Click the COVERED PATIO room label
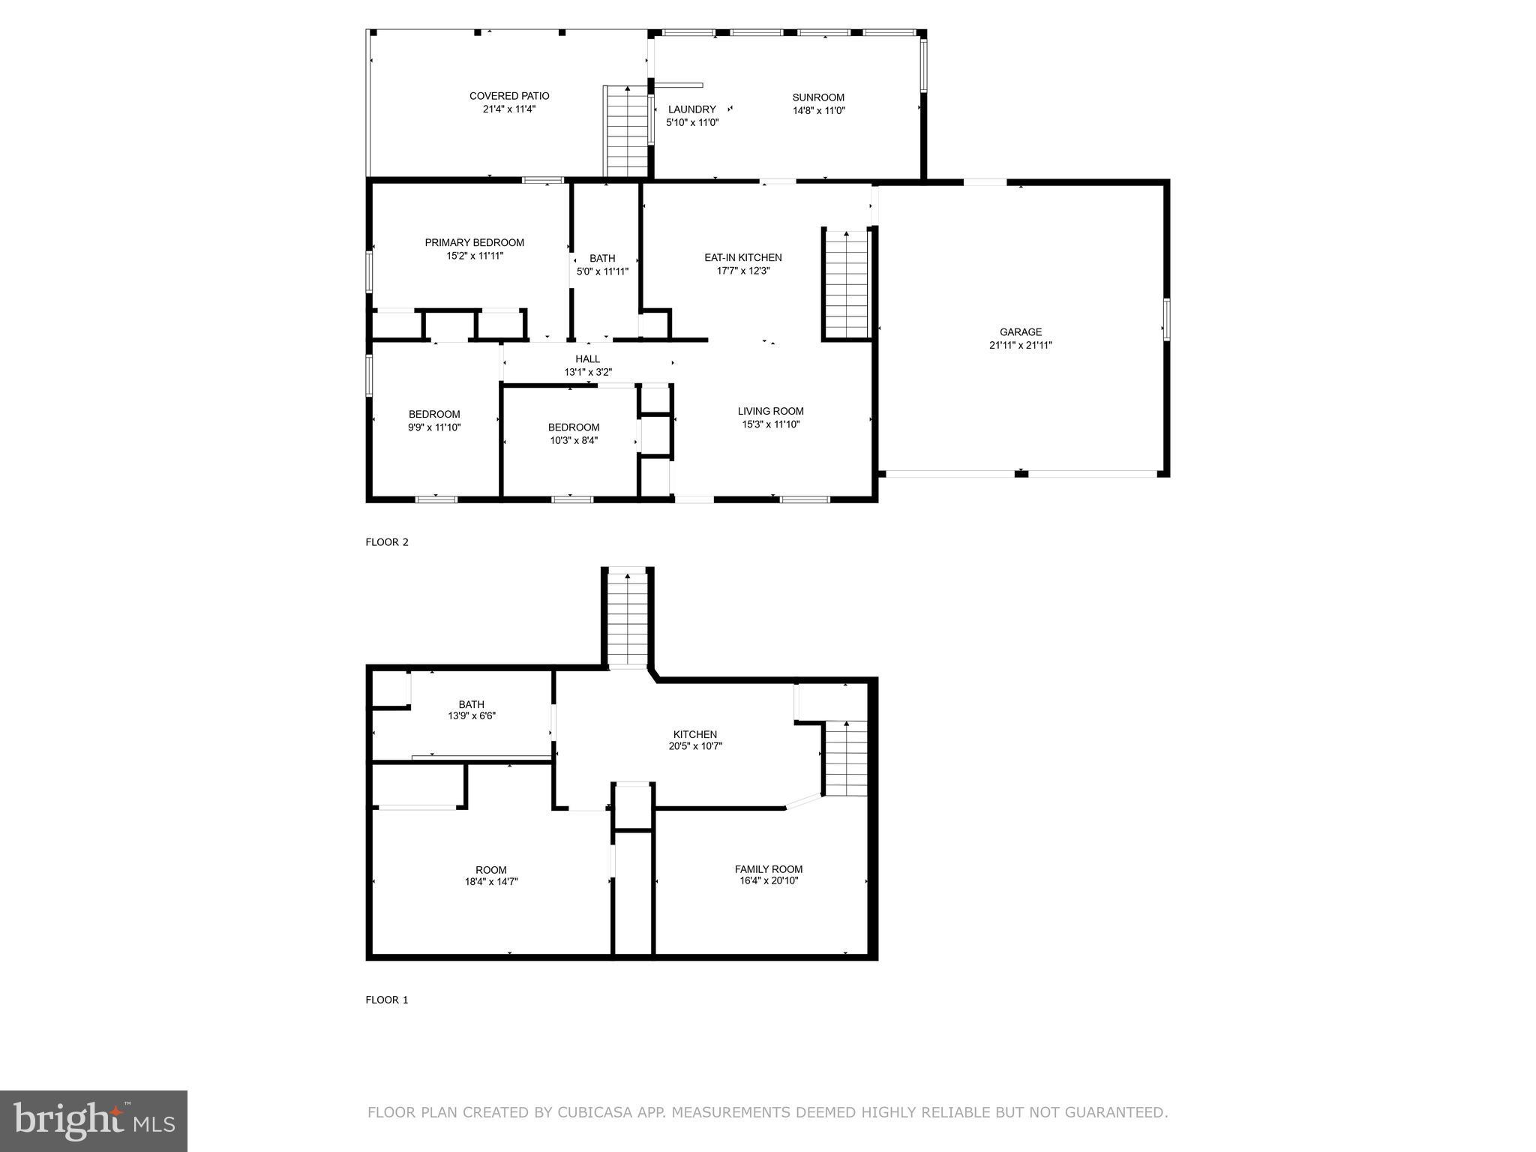[x=508, y=96]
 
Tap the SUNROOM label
[x=818, y=97]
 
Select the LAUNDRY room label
[x=691, y=109]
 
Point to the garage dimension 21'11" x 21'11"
[x=1020, y=345]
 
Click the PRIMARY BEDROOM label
[x=474, y=242]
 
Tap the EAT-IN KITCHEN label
[x=742, y=257]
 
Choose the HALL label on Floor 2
[x=587, y=359]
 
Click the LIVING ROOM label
[x=770, y=411]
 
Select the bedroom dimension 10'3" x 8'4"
[x=573, y=440]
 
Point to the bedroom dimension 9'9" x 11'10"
[x=433, y=427]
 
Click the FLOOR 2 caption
[x=386, y=542]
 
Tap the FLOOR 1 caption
[x=386, y=1000]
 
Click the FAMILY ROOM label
[x=768, y=869]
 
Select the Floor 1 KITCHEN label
[x=694, y=734]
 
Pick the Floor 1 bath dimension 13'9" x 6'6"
[x=471, y=716]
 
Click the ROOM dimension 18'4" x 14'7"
[x=490, y=882]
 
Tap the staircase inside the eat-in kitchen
[x=846, y=285]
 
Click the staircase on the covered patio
[x=627, y=131]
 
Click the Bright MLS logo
[x=94, y=1120]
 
